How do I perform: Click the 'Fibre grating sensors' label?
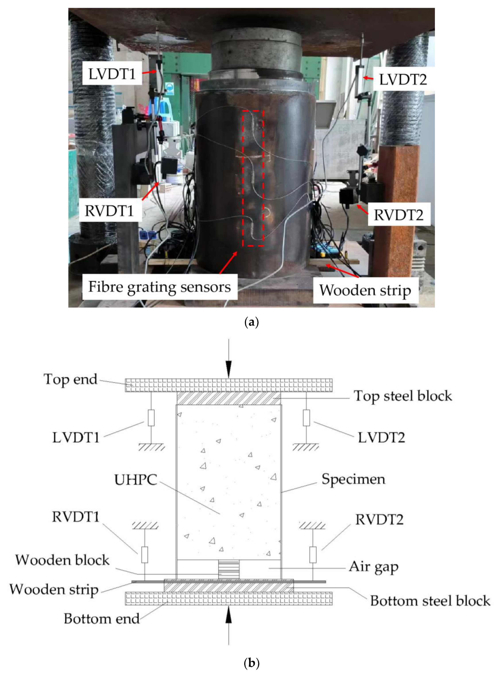tap(159, 287)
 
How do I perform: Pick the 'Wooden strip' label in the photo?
tap(365, 290)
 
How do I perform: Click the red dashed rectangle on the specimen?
tap(253, 178)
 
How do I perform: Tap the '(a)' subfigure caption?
tap(252, 323)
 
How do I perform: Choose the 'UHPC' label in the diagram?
tap(136, 479)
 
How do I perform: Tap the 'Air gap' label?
tap(374, 567)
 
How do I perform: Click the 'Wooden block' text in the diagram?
tap(62, 560)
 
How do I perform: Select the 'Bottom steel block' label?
tap(430, 601)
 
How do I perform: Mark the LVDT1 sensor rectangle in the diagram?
tap(151, 418)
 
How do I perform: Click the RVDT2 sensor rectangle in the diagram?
tap(313, 555)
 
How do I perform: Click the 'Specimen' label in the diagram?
tap(353, 479)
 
